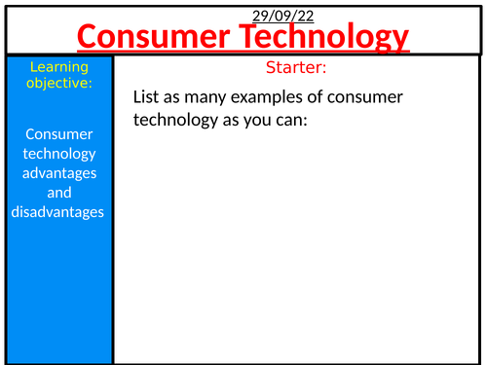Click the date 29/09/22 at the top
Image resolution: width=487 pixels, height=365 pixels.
[x=283, y=15]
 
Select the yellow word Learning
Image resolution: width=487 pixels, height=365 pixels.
[x=58, y=67]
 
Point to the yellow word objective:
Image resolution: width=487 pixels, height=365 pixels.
[x=58, y=84]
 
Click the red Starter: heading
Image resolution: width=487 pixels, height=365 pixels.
[x=296, y=68]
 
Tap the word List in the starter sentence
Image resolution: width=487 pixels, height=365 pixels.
[x=146, y=97]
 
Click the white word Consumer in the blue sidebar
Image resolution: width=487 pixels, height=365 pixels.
[x=58, y=135]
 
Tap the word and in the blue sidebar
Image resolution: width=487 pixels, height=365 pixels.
[x=58, y=192]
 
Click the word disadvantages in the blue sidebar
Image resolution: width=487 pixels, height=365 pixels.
[x=58, y=211]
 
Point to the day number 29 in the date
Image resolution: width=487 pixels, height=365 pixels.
[x=260, y=15]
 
